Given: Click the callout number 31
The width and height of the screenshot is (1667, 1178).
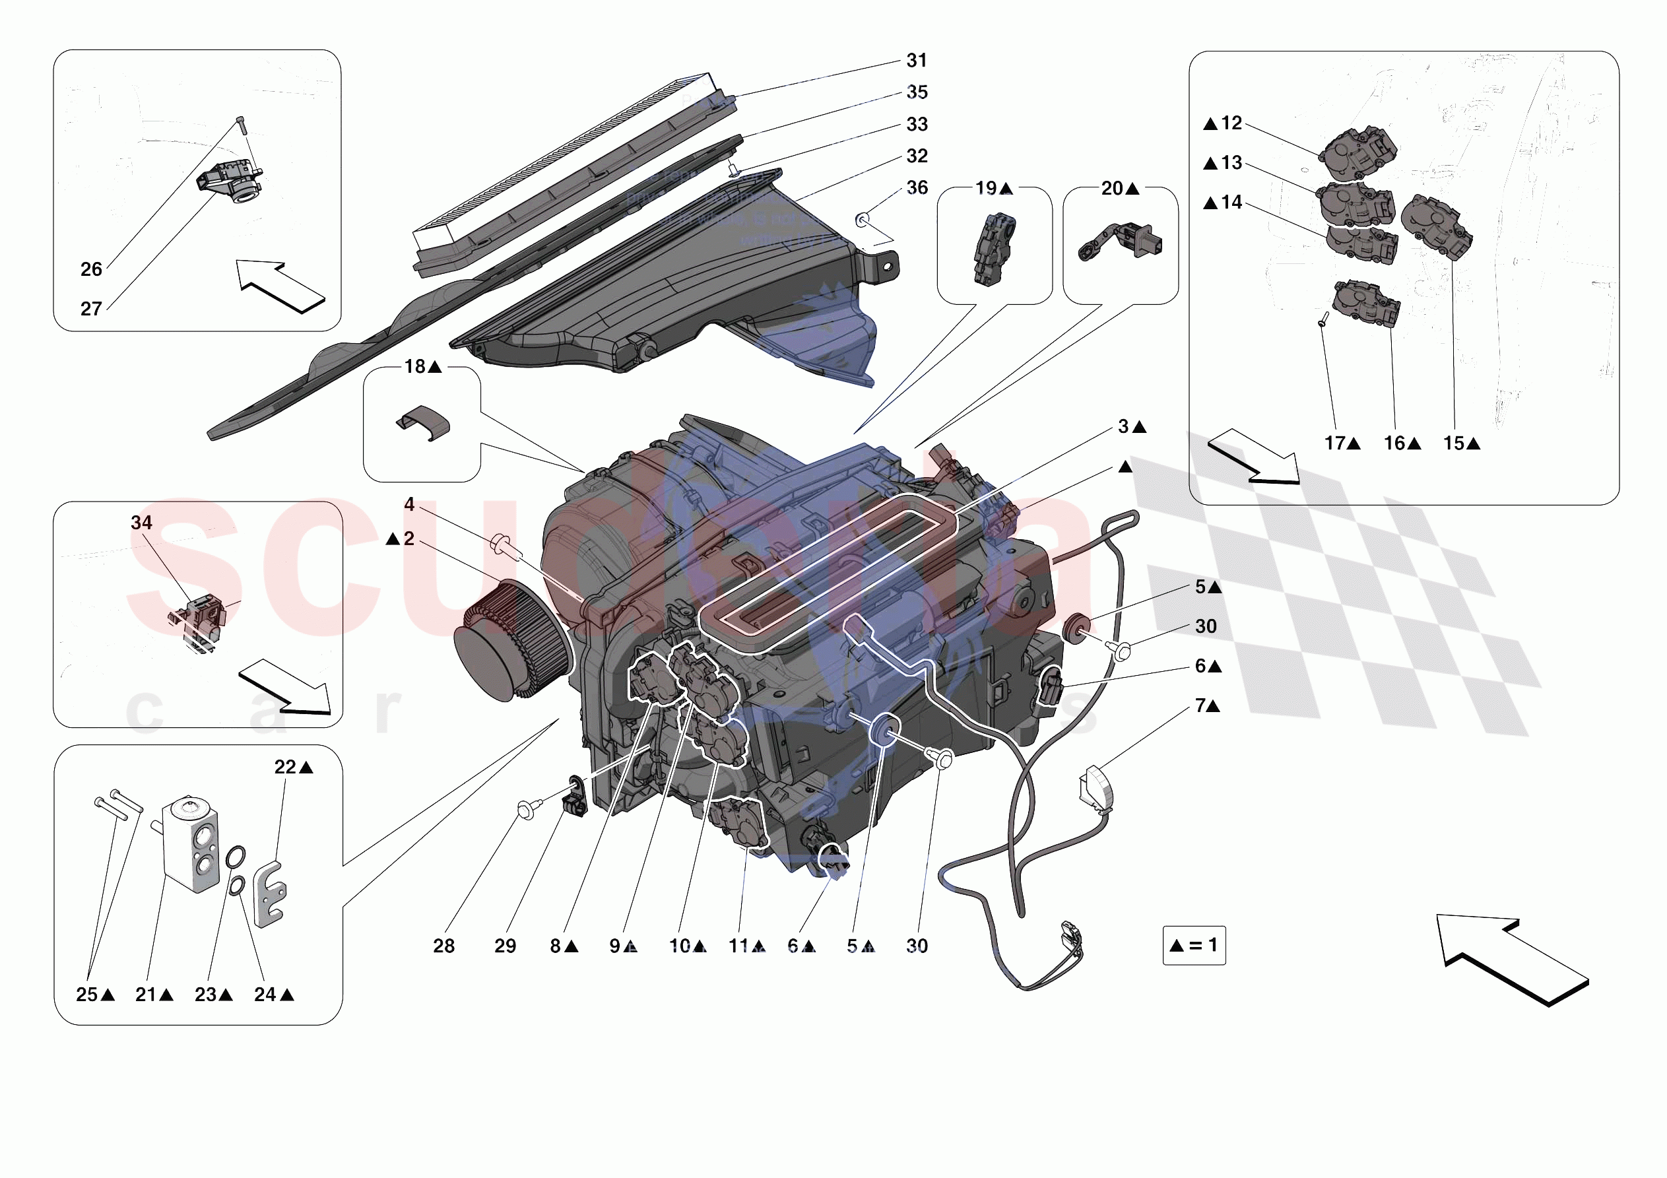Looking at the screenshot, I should pos(916,61).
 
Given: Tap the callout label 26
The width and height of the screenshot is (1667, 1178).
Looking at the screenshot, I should pos(91,269).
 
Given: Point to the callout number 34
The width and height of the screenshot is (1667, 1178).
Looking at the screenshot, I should pos(142,523).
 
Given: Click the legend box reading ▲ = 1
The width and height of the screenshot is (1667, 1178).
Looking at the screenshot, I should pos(1194,945).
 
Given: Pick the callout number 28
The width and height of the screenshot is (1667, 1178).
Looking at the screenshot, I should pos(443,946).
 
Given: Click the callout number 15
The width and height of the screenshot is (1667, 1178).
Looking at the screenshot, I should pos(1454,443).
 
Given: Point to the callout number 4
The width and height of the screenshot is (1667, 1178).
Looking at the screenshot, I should pos(409,504).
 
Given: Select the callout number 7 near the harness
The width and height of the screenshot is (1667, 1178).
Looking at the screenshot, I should pos(1201,705).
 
